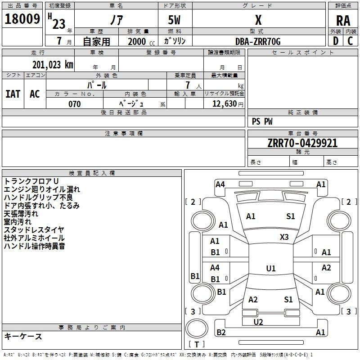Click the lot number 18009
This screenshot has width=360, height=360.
(22, 19)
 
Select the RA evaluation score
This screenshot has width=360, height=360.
(343, 21)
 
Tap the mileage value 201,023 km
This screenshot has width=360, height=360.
(53, 65)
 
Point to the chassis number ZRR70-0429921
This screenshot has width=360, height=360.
(302, 143)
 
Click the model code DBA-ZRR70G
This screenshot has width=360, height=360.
(258, 41)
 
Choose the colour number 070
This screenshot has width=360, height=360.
(75, 104)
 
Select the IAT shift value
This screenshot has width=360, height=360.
(13, 94)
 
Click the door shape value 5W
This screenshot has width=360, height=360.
(174, 20)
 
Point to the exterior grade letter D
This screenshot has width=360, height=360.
(336, 41)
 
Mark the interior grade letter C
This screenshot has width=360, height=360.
(350, 41)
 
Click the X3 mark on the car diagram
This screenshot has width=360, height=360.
(284, 237)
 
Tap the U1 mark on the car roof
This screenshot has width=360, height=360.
(271, 268)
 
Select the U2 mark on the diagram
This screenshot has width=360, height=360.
(258, 322)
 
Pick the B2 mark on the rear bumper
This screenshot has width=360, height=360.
(221, 332)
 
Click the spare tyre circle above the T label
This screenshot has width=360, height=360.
(197, 328)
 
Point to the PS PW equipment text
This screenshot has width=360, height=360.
(262, 121)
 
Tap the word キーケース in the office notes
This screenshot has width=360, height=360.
(23, 336)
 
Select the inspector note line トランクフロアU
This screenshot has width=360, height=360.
(31, 181)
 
